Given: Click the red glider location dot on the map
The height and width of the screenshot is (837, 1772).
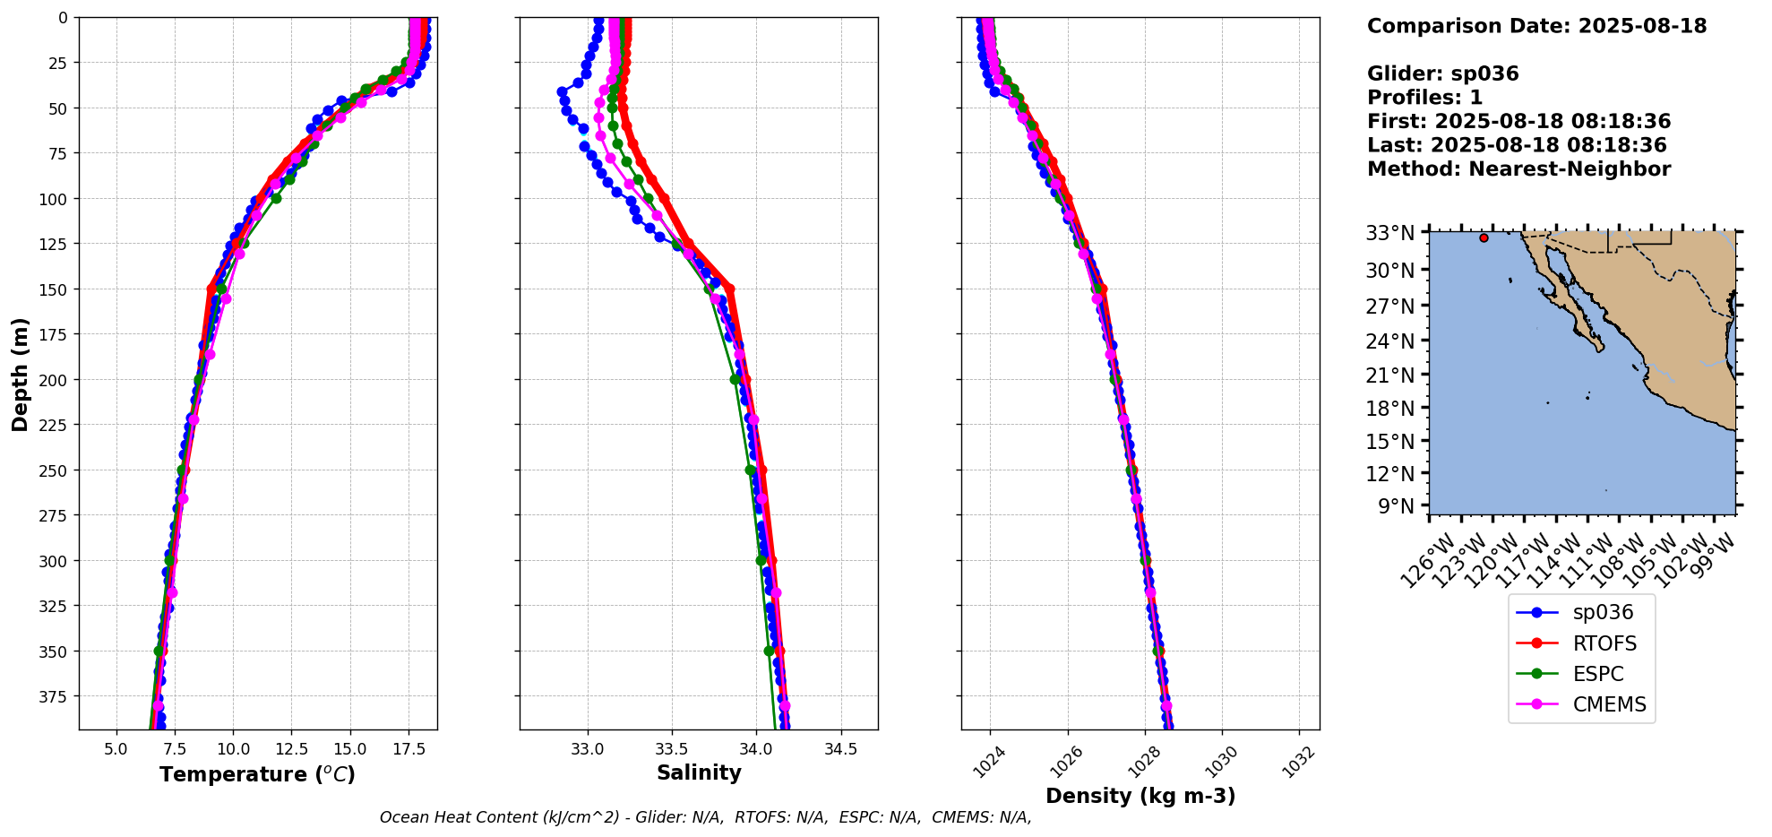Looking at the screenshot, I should pos(1484,238).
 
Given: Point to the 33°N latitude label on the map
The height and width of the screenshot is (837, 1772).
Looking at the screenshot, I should pos(1389,234).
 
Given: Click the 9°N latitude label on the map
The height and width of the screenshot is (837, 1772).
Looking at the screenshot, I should pos(1397,507).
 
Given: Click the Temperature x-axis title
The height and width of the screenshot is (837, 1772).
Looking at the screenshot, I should pos(257,774).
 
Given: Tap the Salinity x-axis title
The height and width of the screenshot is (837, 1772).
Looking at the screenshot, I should pos(699,773).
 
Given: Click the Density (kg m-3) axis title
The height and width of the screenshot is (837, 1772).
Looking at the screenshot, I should pos(1140,796).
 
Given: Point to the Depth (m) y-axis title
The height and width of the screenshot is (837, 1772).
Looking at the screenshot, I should pos(20,374).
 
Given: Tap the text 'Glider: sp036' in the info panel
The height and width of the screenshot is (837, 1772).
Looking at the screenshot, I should pos(1442,74).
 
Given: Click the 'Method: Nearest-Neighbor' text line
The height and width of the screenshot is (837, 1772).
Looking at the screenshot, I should pos(1518,169).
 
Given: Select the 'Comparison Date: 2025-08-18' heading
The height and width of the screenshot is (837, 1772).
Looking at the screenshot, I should pos(1536,26).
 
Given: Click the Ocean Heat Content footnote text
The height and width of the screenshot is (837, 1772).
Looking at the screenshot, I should pos(705,817).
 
